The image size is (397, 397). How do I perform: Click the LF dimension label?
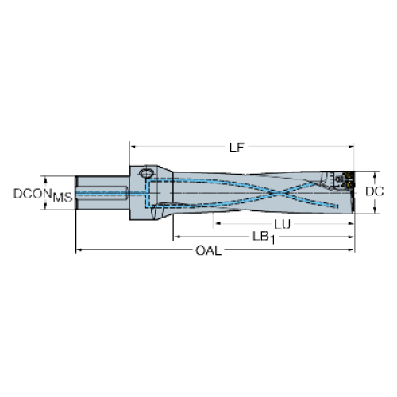[x=237, y=148]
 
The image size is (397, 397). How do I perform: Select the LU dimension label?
[x=282, y=225]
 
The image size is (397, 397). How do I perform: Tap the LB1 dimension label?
[x=264, y=237]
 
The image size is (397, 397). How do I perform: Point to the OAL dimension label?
[x=208, y=251]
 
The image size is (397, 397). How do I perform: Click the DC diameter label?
[x=374, y=191]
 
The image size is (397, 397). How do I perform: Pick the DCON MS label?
[x=43, y=195]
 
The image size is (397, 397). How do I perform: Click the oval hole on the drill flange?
[x=146, y=174]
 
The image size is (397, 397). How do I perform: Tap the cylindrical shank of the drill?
[x=102, y=193]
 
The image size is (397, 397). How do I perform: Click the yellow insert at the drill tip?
[x=350, y=179]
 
